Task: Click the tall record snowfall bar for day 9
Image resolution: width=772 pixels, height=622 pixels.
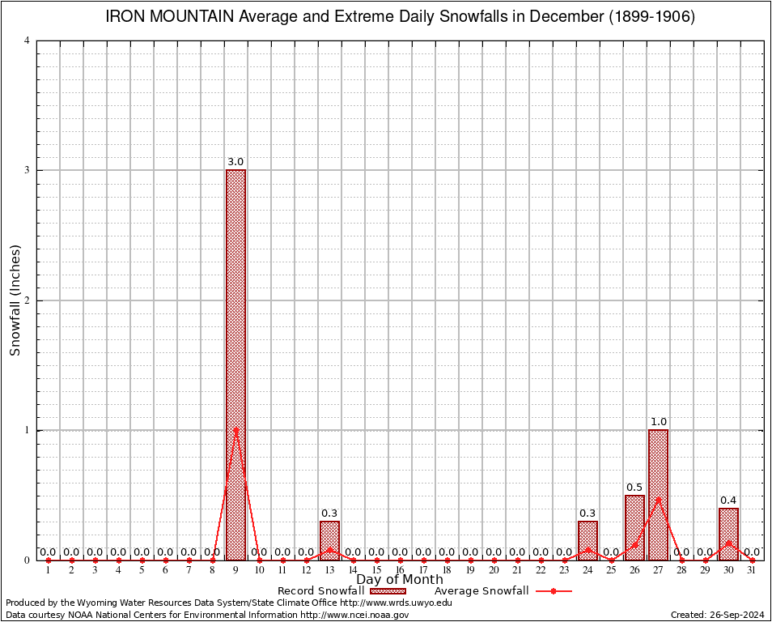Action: point(235,364)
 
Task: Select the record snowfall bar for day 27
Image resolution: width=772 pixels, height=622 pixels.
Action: point(658,495)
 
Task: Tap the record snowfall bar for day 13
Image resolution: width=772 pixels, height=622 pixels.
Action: point(329,540)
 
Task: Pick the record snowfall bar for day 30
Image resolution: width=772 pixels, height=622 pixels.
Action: point(728,534)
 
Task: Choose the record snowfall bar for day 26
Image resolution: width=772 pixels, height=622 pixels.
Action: point(634,527)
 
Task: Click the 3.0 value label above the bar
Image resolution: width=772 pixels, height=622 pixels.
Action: point(235,162)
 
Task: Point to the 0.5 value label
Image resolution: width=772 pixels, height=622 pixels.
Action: point(634,488)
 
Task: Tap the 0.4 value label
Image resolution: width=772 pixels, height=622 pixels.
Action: point(728,501)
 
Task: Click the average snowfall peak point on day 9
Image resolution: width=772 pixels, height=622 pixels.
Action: point(235,429)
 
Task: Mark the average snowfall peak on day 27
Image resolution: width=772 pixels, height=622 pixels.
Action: point(658,499)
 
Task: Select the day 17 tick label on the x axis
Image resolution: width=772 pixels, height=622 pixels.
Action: point(423,571)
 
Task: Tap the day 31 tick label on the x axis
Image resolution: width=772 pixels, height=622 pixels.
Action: point(752,571)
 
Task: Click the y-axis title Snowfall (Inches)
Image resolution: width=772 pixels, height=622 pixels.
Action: point(15,300)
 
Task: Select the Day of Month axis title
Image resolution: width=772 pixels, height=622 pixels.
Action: point(400,580)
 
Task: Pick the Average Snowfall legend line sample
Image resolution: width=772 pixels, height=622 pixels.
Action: point(553,591)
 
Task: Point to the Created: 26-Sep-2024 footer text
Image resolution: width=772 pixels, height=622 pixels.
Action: point(718,616)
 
